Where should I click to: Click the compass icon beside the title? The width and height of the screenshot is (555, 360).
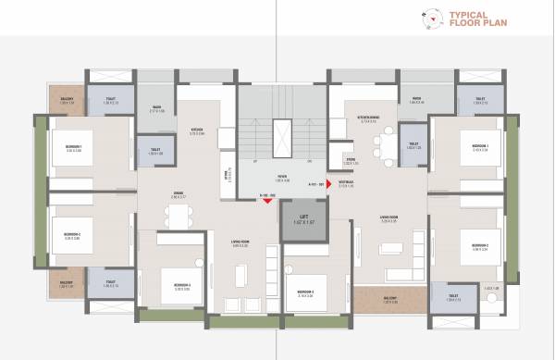tap(430, 16)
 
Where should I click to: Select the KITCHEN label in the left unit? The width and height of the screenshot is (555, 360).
tap(196, 130)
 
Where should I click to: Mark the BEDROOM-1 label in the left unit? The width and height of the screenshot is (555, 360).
tap(74, 149)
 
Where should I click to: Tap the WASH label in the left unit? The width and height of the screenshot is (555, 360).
tap(157, 108)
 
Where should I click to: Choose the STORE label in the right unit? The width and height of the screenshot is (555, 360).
tap(351, 160)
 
